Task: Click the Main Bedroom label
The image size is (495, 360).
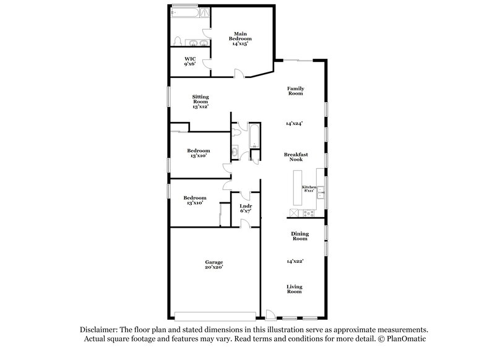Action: click(242, 39)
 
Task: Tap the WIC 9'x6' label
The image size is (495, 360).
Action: click(191, 61)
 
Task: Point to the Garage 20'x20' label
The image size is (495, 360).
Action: click(214, 265)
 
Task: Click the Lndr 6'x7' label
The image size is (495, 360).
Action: click(246, 208)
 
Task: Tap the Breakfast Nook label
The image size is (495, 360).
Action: click(296, 157)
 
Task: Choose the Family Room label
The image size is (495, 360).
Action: click(295, 91)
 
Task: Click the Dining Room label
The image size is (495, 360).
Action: click(299, 236)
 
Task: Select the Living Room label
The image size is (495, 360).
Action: click(294, 288)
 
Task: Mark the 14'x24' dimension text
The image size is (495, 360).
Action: click(295, 124)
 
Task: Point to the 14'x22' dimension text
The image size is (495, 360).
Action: click(295, 261)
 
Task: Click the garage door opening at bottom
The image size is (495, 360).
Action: click(215, 315)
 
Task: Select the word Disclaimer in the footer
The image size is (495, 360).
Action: click(101, 330)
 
